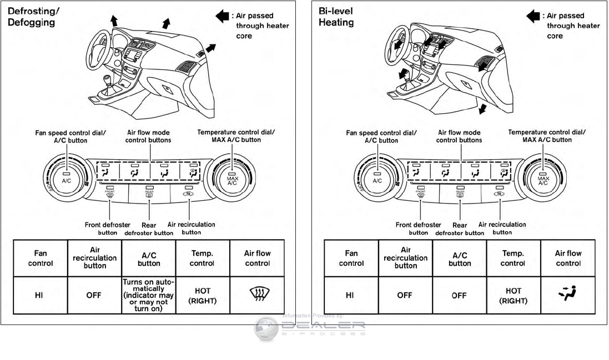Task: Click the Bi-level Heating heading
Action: click(x=336, y=17)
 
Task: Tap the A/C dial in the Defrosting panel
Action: click(x=66, y=178)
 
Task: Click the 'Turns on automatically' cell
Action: click(x=148, y=295)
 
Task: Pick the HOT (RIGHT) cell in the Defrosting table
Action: click(x=203, y=295)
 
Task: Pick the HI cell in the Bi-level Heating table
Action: click(x=350, y=295)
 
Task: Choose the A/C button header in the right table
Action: click(x=459, y=258)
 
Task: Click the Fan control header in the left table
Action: click(x=41, y=258)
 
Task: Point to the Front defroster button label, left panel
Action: click(x=108, y=228)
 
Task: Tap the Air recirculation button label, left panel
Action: click(x=192, y=228)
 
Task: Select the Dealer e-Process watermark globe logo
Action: click(x=266, y=328)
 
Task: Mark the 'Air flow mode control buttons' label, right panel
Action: click(x=459, y=136)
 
